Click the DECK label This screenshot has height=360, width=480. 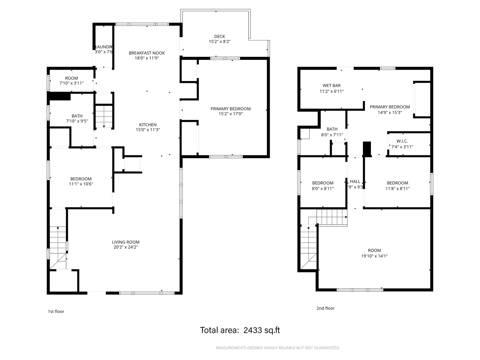219,36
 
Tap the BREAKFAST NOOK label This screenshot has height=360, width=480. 147,53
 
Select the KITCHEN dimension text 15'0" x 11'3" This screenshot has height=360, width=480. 148,130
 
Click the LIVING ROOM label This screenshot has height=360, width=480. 125,242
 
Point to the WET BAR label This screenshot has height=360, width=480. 331,86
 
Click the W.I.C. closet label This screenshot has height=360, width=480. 402,141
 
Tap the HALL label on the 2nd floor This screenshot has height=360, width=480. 355,181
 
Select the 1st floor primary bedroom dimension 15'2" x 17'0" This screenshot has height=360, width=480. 230,114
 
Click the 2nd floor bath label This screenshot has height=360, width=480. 332,129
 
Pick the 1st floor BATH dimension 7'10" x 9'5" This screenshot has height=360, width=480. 77,121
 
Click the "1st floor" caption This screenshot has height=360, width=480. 56,312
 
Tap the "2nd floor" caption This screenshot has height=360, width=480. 325,308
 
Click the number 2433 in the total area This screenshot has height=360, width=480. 252,330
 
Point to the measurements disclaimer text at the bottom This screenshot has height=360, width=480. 278,348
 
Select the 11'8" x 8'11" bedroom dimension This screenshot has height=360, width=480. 397,189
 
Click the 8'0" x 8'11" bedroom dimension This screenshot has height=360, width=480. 323,189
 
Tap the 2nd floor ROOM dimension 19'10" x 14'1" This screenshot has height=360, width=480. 374,256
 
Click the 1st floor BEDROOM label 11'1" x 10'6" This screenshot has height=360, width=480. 81,179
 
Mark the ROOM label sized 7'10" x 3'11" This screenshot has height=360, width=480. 71,78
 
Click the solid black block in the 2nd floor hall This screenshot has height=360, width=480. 367,149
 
